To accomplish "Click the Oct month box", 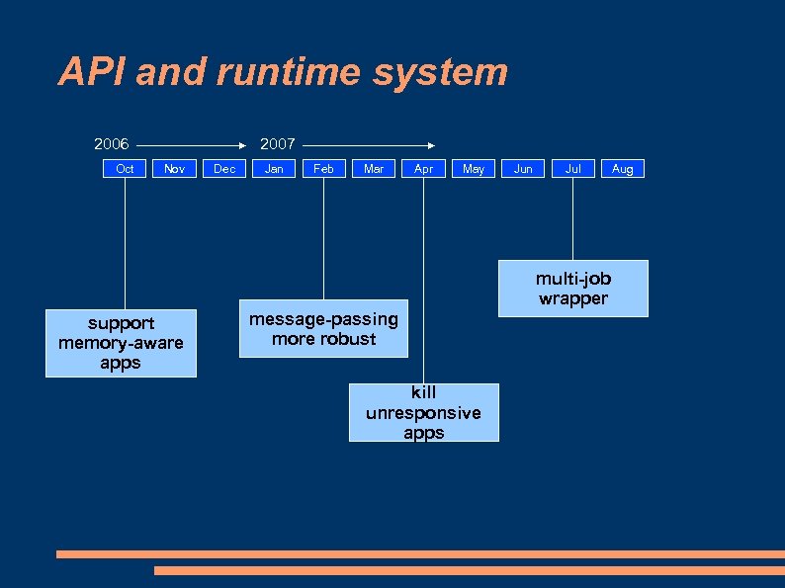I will (x=125, y=169).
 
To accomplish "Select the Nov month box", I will (x=174, y=169).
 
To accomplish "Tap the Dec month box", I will (x=224, y=169).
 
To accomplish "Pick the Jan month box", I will (x=274, y=169).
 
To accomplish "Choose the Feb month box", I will (x=323, y=169).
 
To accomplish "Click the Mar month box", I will (x=374, y=169).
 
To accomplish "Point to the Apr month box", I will (x=423, y=169).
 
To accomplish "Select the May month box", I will (x=474, y=169).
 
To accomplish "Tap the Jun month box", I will (x=523, y=169).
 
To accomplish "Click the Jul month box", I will (x=572, y=169).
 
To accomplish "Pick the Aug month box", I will (x=623, y=169).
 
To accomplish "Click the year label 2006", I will (x=112, y=144).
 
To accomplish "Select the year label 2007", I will (x=277, y=144).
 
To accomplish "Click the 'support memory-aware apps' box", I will (x=121, y=343).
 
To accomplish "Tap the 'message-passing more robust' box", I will (x=323, y=329).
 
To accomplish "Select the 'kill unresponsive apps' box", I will (x=423, y=412).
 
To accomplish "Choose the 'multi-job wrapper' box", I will (x=572, y=289).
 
